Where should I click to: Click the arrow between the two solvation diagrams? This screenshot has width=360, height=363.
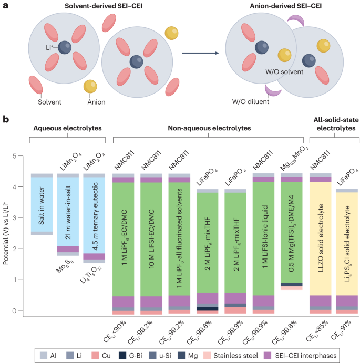point(197,54)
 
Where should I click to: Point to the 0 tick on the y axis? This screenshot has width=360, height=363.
point(20,310)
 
